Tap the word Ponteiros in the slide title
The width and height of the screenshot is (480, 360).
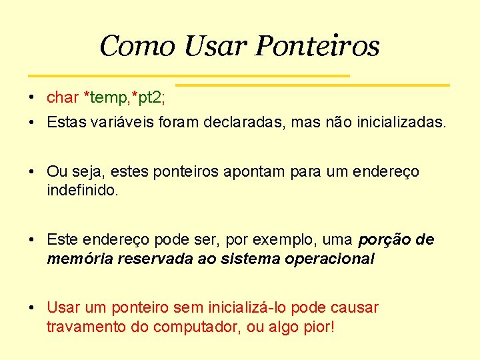pos(317,47)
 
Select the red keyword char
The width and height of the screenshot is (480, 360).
pos(63,97)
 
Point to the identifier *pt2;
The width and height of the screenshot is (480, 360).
pos(149,97)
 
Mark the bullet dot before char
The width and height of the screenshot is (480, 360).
pos(32,98)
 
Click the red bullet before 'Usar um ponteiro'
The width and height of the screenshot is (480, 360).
pos(32,308)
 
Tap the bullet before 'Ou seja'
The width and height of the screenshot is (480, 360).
pos(32,172)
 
